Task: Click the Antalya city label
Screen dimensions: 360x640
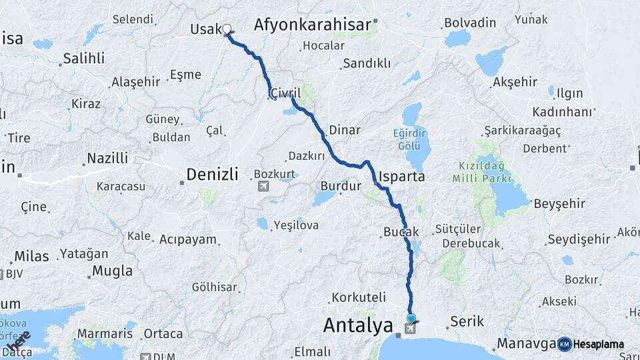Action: click(x=357, y=325)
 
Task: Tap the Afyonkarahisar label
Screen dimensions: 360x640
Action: click(x=312, y=25)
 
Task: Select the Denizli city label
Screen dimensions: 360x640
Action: click(x=211, y=175)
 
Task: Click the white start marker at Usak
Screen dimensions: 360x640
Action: click(x=227, y=29)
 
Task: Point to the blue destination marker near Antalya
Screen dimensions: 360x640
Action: click(x=411, y=319)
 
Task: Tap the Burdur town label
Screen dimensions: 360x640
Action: click(x=340, y=186)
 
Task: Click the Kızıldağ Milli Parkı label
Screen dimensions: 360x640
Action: click(x=481, y=171)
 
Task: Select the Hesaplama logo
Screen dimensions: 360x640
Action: click(x=591, y=344)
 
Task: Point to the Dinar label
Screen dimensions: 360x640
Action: click(x=345, y=130)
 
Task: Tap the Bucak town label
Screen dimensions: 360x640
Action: click(x=401, y=232)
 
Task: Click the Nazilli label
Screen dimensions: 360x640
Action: click(x=107, y=159)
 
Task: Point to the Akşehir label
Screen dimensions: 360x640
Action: click(x=514, y=82)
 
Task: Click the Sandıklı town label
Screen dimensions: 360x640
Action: click(x=366, y=64)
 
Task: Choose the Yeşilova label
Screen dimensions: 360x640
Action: click(x=296, y=225)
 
